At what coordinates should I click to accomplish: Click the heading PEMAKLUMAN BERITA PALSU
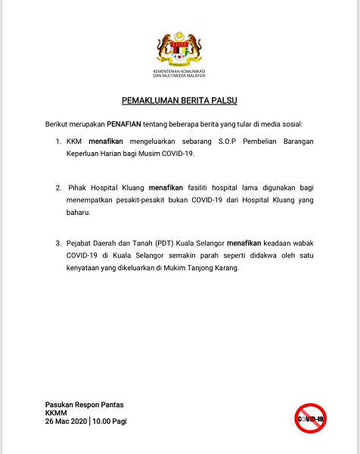180,100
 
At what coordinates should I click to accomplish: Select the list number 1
58,141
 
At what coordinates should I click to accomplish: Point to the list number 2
58,186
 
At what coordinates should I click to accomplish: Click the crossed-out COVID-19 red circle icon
310,418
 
